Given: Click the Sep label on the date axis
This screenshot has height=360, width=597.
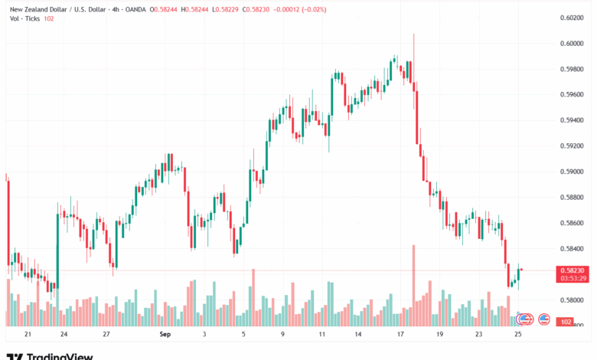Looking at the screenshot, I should click(165, 335).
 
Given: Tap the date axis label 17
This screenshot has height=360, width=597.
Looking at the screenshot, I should click(400, 335).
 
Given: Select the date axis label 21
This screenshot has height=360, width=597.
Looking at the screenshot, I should click(28, 335).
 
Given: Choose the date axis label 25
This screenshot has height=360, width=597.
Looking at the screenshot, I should click(518, 335).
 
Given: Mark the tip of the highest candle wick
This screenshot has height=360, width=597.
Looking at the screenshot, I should click(413, 34).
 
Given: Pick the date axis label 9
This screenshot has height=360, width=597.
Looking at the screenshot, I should click(282, 335).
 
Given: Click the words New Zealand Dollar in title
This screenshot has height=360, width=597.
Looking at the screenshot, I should click(34, 8).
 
